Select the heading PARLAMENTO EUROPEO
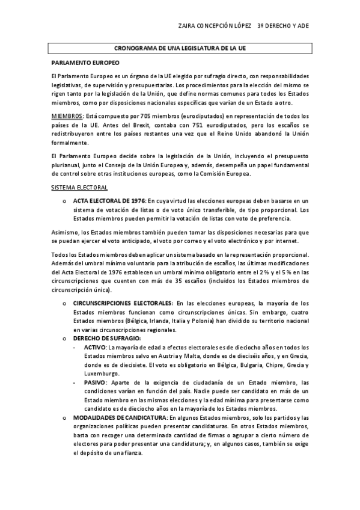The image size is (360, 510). pyautogui.click(x=85, y=63)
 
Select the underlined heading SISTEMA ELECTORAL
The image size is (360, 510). pyautogui.click(x=79, y=188)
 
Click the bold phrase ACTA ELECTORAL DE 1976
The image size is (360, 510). pyautogui.click(x=109, y=200)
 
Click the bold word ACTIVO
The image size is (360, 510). pyautogui.click(x=94, y=348)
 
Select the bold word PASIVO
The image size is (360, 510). pyautogui.click(x=95, y=382)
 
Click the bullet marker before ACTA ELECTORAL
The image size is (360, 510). pyautogui.click(x=63, y=200)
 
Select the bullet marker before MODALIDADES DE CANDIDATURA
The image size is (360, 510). pyautogui.click(x=63, y=418)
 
